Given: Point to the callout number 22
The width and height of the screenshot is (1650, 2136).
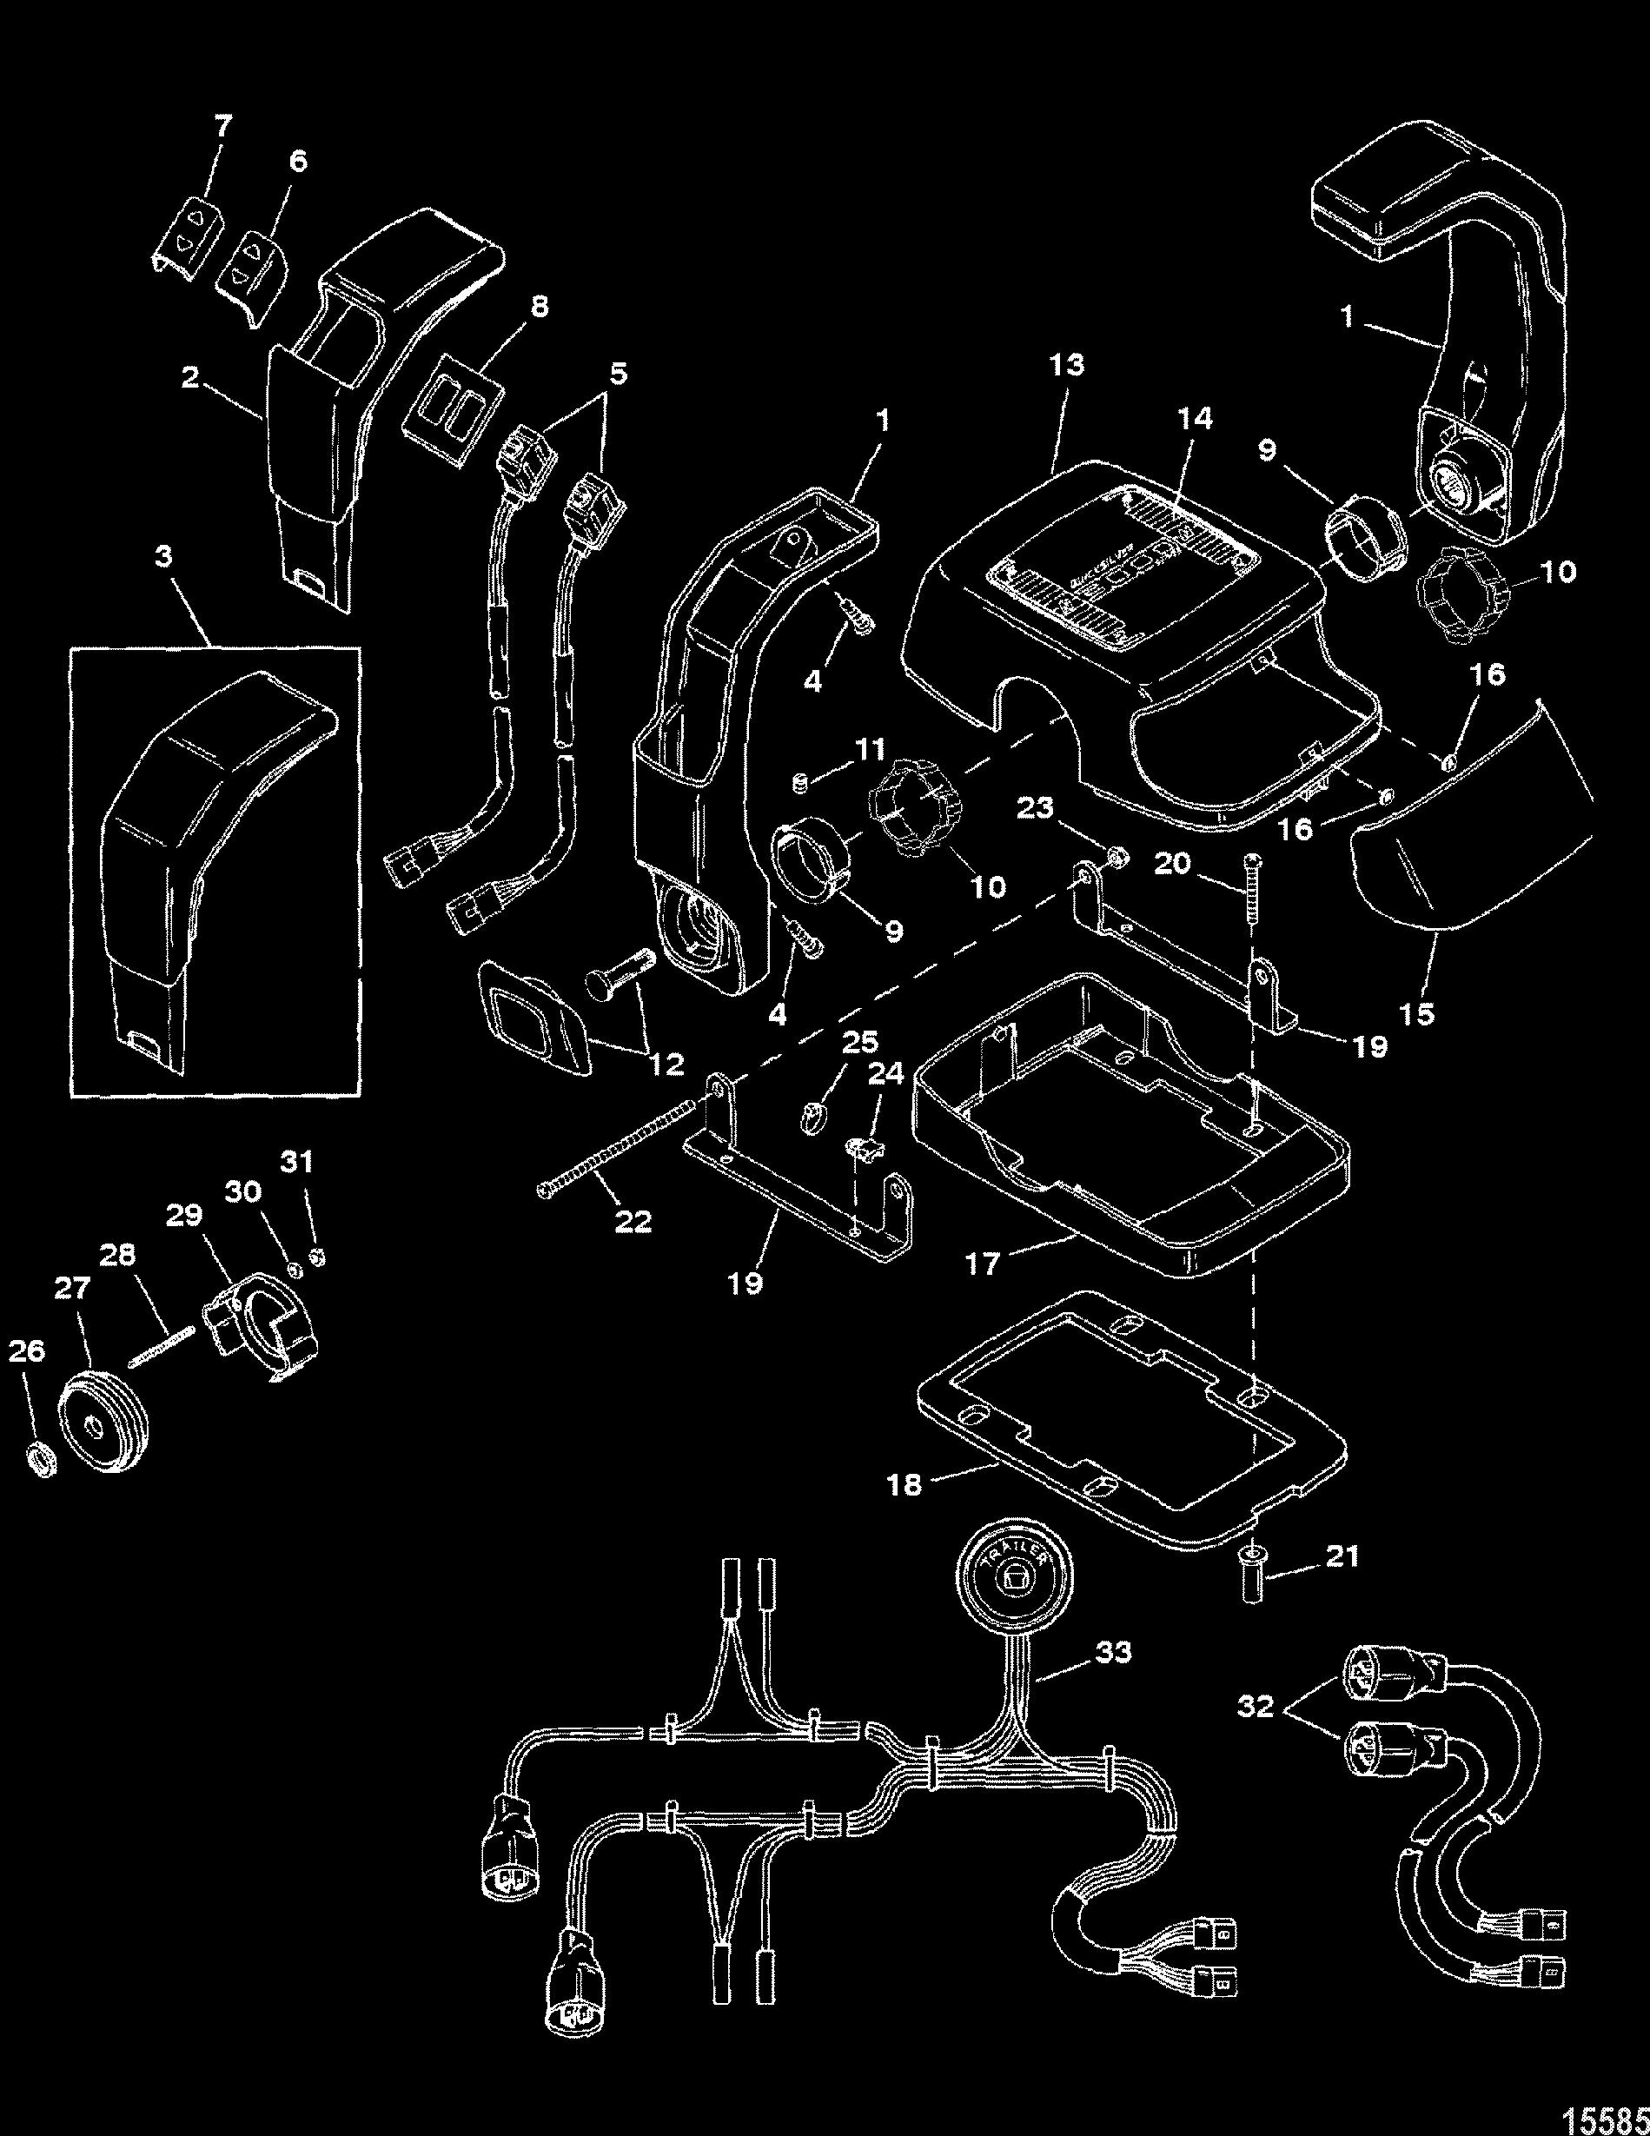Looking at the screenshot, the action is (x=632, y=1221).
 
